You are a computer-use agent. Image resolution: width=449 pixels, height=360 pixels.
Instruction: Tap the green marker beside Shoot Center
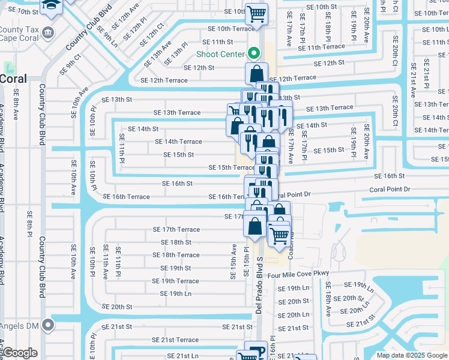point(254,54)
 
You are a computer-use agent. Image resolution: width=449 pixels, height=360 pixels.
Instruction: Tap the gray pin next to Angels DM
point(48,326)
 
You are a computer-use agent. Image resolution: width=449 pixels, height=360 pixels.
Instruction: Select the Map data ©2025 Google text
point(411,355)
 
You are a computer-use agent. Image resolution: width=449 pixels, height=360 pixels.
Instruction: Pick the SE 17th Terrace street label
point(175,229)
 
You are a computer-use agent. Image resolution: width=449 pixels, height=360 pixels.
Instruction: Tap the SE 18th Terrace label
point(175,255)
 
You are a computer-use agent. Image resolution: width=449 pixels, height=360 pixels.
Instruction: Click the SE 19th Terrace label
point(175,281)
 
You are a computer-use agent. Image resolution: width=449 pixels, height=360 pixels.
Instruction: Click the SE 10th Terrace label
point(231,28)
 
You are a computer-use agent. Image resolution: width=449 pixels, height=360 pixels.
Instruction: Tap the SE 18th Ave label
point(328,305)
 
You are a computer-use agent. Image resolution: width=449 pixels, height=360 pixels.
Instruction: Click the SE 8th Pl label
point(29,233)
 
